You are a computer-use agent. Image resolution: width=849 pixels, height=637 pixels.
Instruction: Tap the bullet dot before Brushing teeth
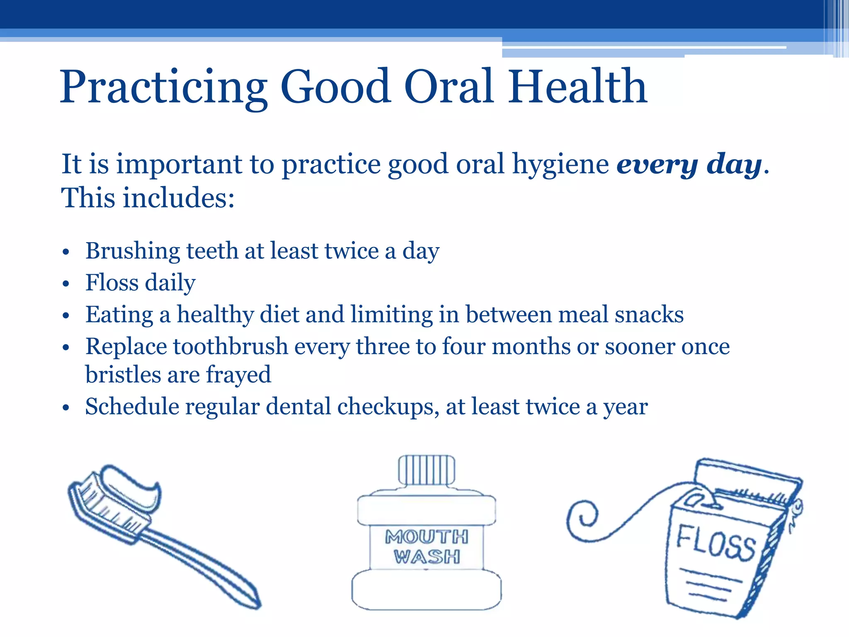pos(65,252)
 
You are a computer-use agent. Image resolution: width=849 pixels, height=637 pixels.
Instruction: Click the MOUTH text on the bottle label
pos(427,537)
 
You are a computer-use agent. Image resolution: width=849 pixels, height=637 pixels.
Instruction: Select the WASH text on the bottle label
pos(427,557)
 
